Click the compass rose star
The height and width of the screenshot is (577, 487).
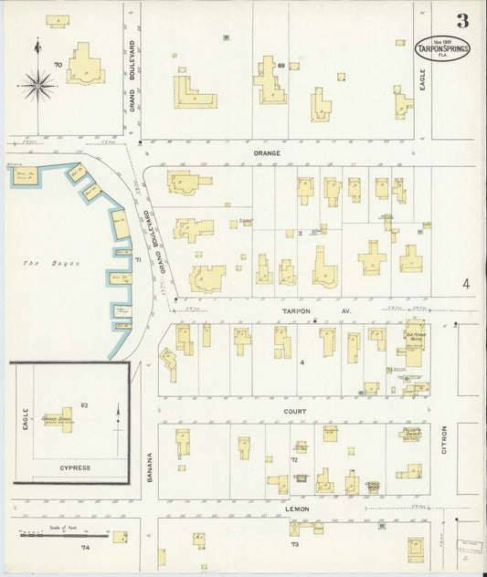pyautogui.click(x=37, y=86)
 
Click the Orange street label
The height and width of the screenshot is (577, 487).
pyautogui.click(x=267, y=153)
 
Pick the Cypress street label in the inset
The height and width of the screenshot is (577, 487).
pyautogui.click(x=75, y=467)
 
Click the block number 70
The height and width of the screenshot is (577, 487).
pyautogui.click(x=57, y=65)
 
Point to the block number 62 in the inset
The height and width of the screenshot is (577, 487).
pyautogui.click(x=83, y=404)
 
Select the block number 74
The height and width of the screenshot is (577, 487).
pyautogui.click(x=85, y=548)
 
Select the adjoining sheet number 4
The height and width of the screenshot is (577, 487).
pyautogui.click(x=466, y=284)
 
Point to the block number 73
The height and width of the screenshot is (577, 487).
pyautogui.click(x=295, y=545)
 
